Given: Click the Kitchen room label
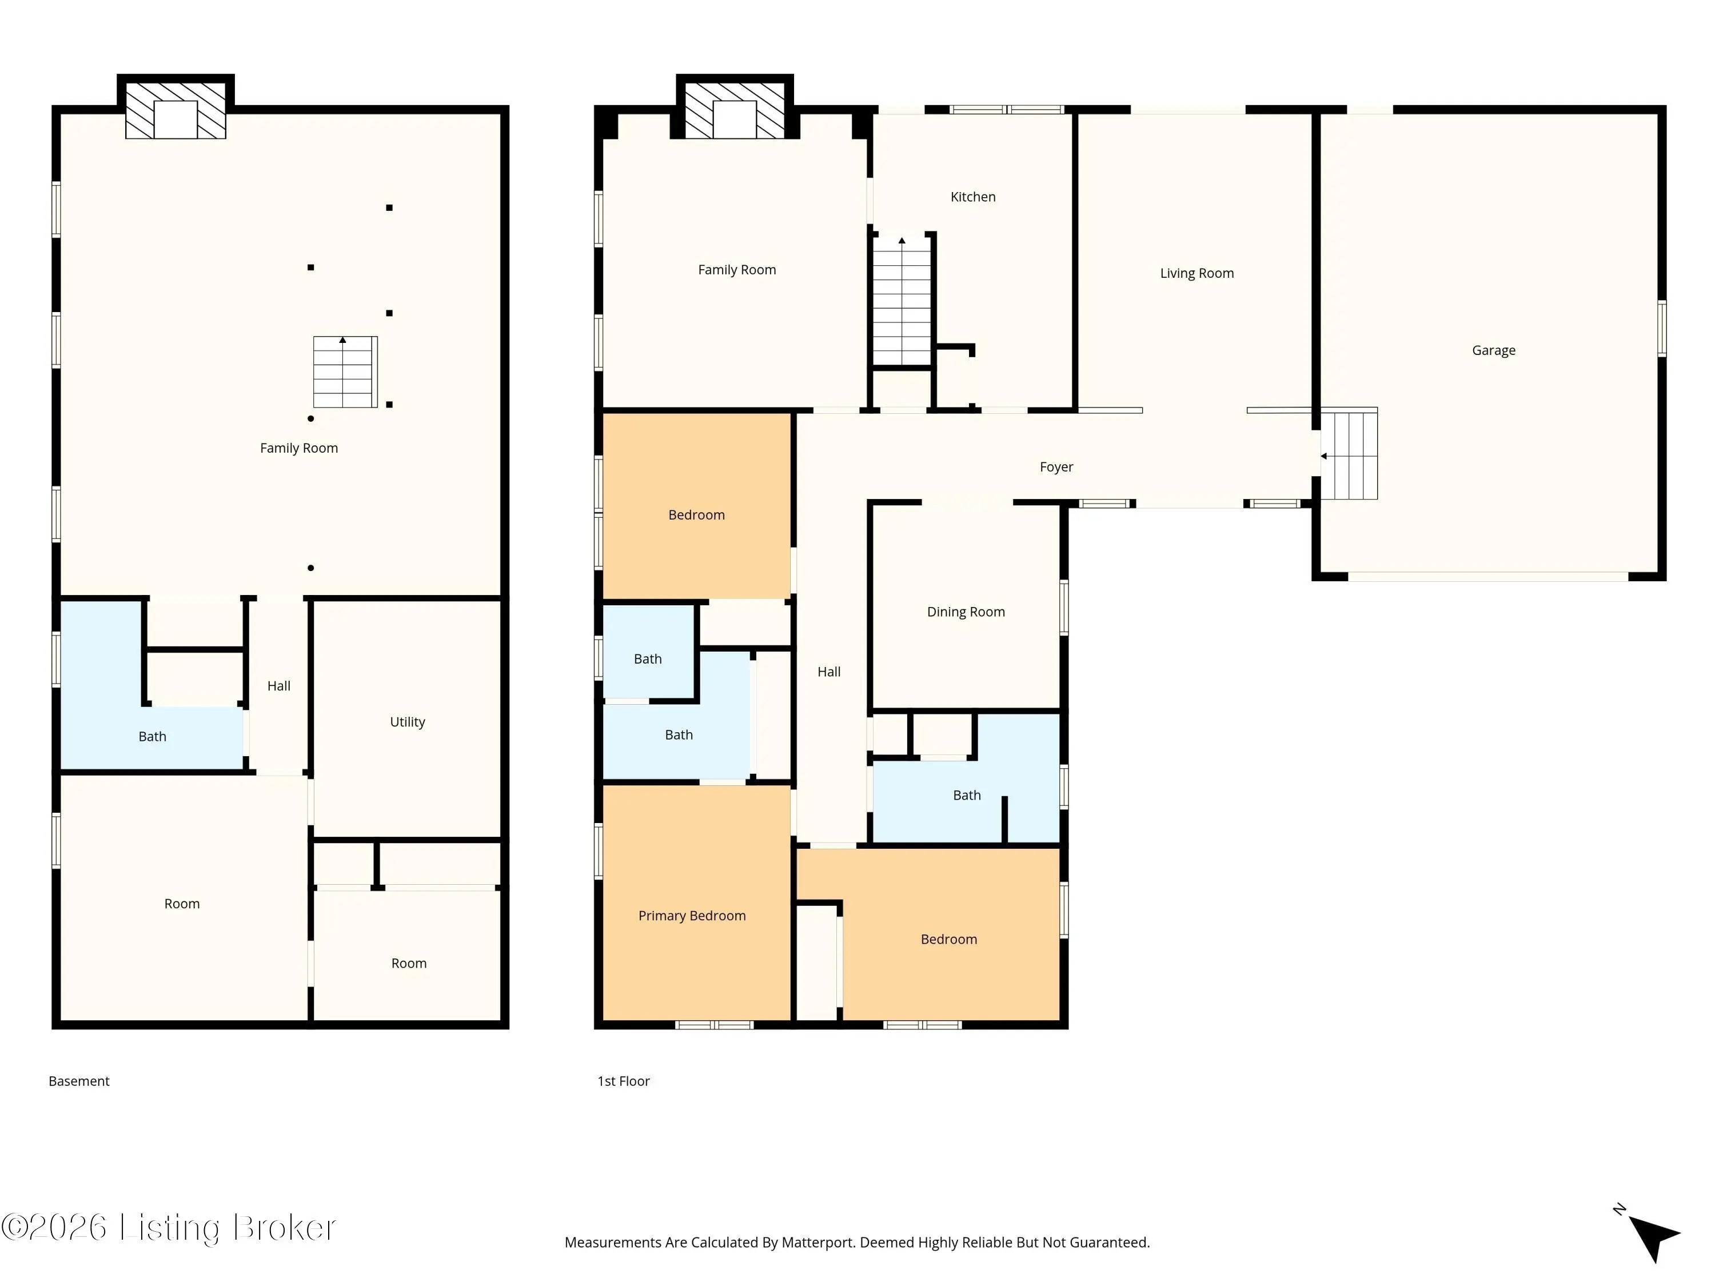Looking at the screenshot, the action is [973, 197].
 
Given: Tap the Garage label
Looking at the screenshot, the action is [1493, 350].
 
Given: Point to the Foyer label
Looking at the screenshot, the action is [1056, 466].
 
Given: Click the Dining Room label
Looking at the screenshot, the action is [966, 612].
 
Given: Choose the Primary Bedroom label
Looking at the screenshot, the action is [692, 916].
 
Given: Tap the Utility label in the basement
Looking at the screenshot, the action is [407, 722].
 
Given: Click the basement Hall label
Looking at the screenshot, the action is [278, 686].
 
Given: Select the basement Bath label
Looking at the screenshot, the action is [152, 736].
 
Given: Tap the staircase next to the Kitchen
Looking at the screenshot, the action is [902, 301].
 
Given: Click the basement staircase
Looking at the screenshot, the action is [345, 372].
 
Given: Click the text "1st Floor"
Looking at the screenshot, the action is [623, 1081].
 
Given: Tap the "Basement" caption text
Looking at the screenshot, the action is [79, 1081].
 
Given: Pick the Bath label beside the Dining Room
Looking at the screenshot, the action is [967, 796].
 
